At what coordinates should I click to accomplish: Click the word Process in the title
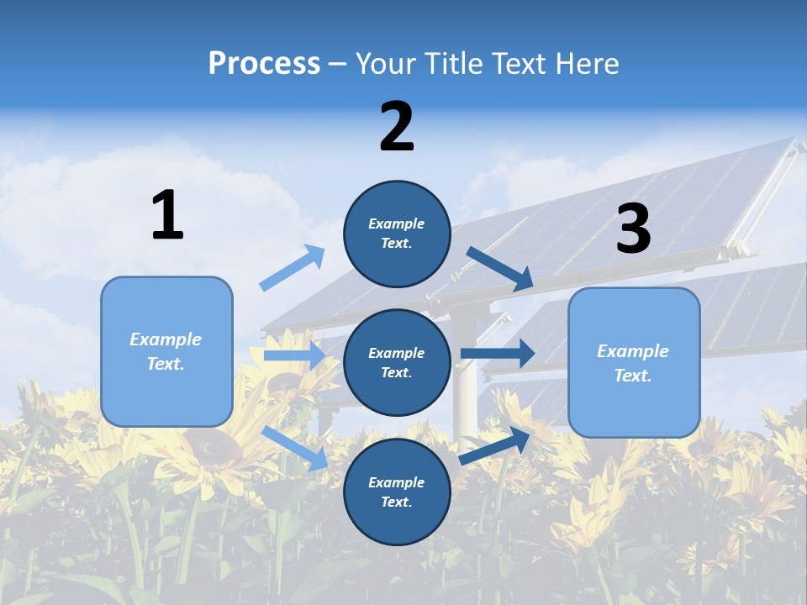pos(264,64)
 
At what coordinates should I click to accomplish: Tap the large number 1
pos(167,215)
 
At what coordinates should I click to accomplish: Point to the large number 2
pos(397,127)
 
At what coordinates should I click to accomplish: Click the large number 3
pos(633,229)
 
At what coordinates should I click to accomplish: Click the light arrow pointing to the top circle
pos(292,268)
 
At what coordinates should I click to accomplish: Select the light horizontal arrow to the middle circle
pos(294,355)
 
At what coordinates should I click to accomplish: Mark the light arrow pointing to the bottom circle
pos(295,447)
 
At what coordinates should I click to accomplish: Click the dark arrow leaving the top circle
pos(500,268)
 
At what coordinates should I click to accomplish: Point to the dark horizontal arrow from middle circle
pos(498,354)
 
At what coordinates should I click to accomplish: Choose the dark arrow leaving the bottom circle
pos(495,446)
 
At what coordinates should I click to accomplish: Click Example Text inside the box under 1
pos(166,351)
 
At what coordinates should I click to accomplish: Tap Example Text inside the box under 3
pos(633,363)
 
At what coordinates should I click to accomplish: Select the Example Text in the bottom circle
pos(396,492)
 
